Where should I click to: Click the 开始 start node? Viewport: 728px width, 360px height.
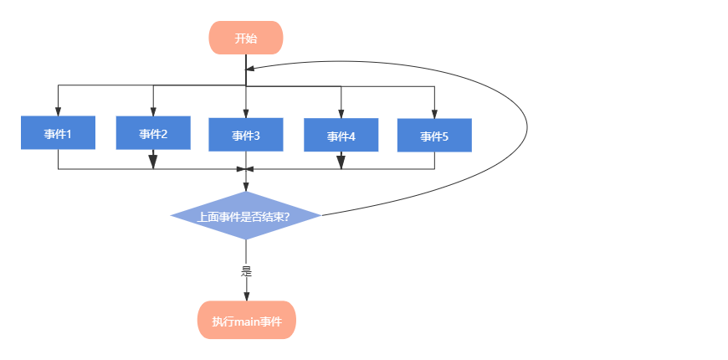[x=246, y=38]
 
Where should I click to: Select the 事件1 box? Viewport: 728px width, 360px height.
[x=58, y=133]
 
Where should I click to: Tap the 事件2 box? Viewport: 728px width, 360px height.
[x=153, y=133]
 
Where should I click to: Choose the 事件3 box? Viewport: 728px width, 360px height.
[x=246, y=135]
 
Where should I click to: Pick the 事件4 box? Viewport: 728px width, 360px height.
[x=341, y=135]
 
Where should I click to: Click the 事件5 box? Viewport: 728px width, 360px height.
[x=434, y=135]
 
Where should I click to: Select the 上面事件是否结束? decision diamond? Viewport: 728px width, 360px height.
[x=246, y=215]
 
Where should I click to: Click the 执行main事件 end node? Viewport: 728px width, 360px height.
[x=247, y=320]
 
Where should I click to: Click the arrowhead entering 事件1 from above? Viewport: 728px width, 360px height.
[x=58, y=112]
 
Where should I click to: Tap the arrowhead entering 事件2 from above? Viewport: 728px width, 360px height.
[x=153, y=112]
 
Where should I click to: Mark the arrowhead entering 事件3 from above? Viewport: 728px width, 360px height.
[x=246, y=114]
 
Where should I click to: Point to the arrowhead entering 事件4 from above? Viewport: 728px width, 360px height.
[x=341, y=114]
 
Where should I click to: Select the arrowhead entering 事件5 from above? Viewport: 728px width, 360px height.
[x=434, y=114]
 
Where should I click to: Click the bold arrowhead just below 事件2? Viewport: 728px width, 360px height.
[x=153, y=162]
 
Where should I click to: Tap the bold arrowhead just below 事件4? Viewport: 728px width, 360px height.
[x=341, y=162]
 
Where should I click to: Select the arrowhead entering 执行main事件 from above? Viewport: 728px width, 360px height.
[x=247, y=297]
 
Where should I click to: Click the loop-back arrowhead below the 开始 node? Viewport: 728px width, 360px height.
[x=250, y=69]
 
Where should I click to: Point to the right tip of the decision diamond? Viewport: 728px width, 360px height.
[x=320, y=215]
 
